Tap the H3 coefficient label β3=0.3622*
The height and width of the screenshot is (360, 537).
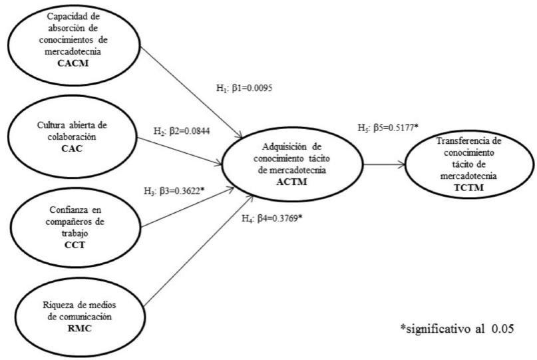(174, 192)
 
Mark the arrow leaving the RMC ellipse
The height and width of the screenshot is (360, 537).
(180, 266)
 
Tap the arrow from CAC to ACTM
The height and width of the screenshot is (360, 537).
(180, 150)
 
